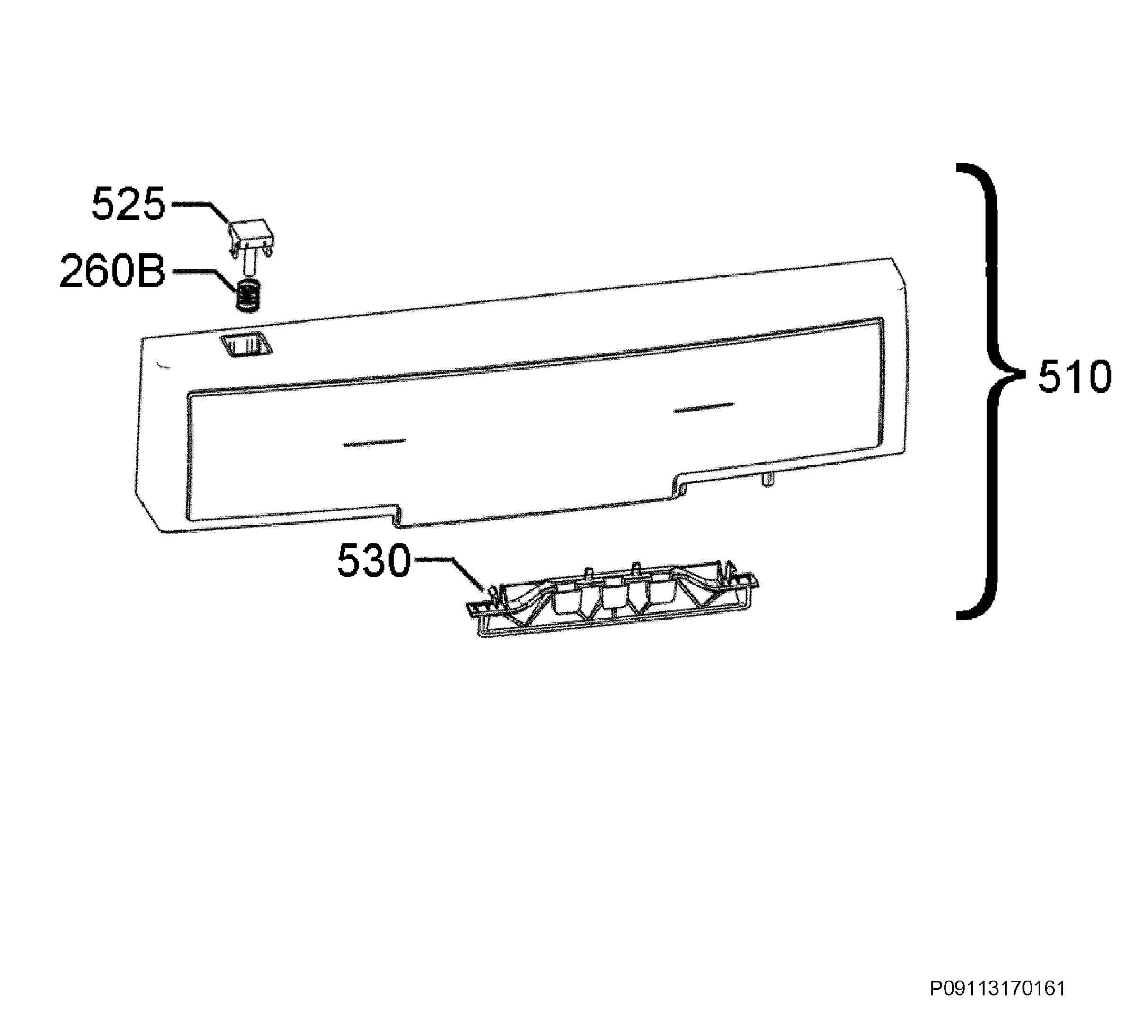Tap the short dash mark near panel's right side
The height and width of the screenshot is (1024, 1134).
704,407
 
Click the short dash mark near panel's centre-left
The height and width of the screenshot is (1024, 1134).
375,442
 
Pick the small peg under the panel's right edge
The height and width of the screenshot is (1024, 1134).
767,479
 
